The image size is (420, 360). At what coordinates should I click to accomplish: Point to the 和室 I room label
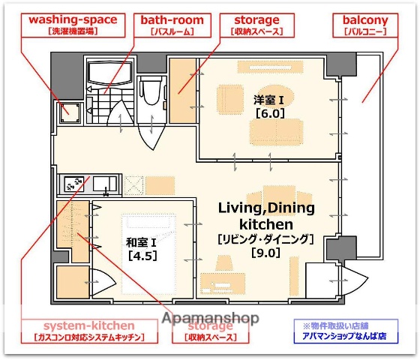pos(140,241)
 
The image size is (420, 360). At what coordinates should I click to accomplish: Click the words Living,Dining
pos(266,208)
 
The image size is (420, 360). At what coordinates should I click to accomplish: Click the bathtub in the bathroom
pos(110,73)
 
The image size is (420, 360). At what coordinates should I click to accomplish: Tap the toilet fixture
pos(148,94)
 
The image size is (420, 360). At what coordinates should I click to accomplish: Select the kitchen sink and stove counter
pos(88,184)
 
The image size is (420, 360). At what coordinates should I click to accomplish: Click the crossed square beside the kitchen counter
pos(133,184)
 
